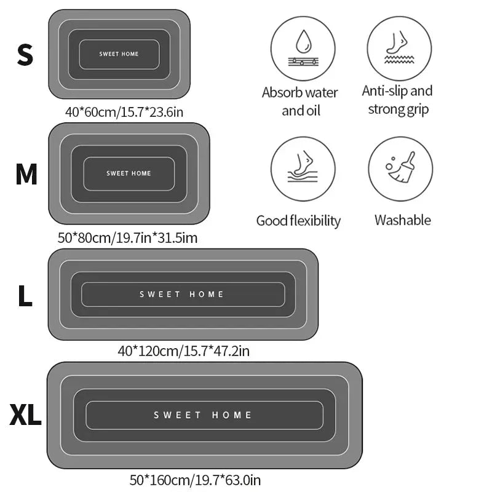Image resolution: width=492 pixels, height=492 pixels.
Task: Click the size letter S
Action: [x=25, y=55]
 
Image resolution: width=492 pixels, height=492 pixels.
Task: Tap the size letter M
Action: [x=26, y=174]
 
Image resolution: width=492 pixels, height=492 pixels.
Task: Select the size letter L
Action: [x=25, y=296]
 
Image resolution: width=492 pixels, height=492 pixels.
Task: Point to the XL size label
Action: [x=25, y=415]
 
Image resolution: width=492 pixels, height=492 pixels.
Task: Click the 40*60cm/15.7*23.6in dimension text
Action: [x=124, y=112]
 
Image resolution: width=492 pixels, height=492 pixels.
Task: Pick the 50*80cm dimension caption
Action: [x=128, y=238]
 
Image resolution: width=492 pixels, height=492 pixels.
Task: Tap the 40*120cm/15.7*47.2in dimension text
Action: [x=183, y=351]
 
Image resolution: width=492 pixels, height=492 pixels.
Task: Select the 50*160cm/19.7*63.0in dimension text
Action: [x=195, y=480]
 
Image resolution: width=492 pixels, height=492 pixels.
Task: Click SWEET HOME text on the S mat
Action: [x=119, y=54]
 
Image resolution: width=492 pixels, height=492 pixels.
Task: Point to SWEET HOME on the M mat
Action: [x=129, y=173]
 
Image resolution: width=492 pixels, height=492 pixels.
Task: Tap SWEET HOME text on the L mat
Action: [x=181, y=295]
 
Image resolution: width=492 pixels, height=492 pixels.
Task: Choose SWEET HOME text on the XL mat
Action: [x=202, y=415]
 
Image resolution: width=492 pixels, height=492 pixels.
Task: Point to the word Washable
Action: [x=403, y=220]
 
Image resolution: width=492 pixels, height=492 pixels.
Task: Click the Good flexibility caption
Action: [x=298, y=221]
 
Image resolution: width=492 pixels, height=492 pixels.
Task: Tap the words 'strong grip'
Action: [x=399, y=109]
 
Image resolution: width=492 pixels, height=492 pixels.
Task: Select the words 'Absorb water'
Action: [x=300, y=93]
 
